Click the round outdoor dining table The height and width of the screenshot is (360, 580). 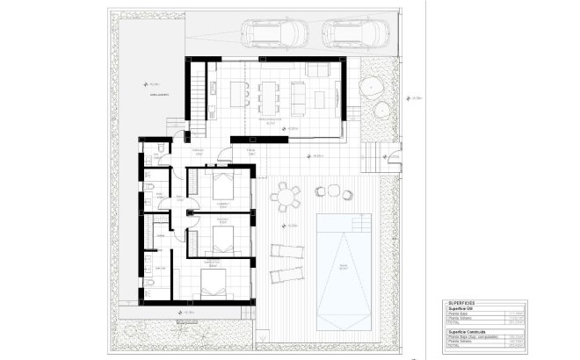284,198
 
